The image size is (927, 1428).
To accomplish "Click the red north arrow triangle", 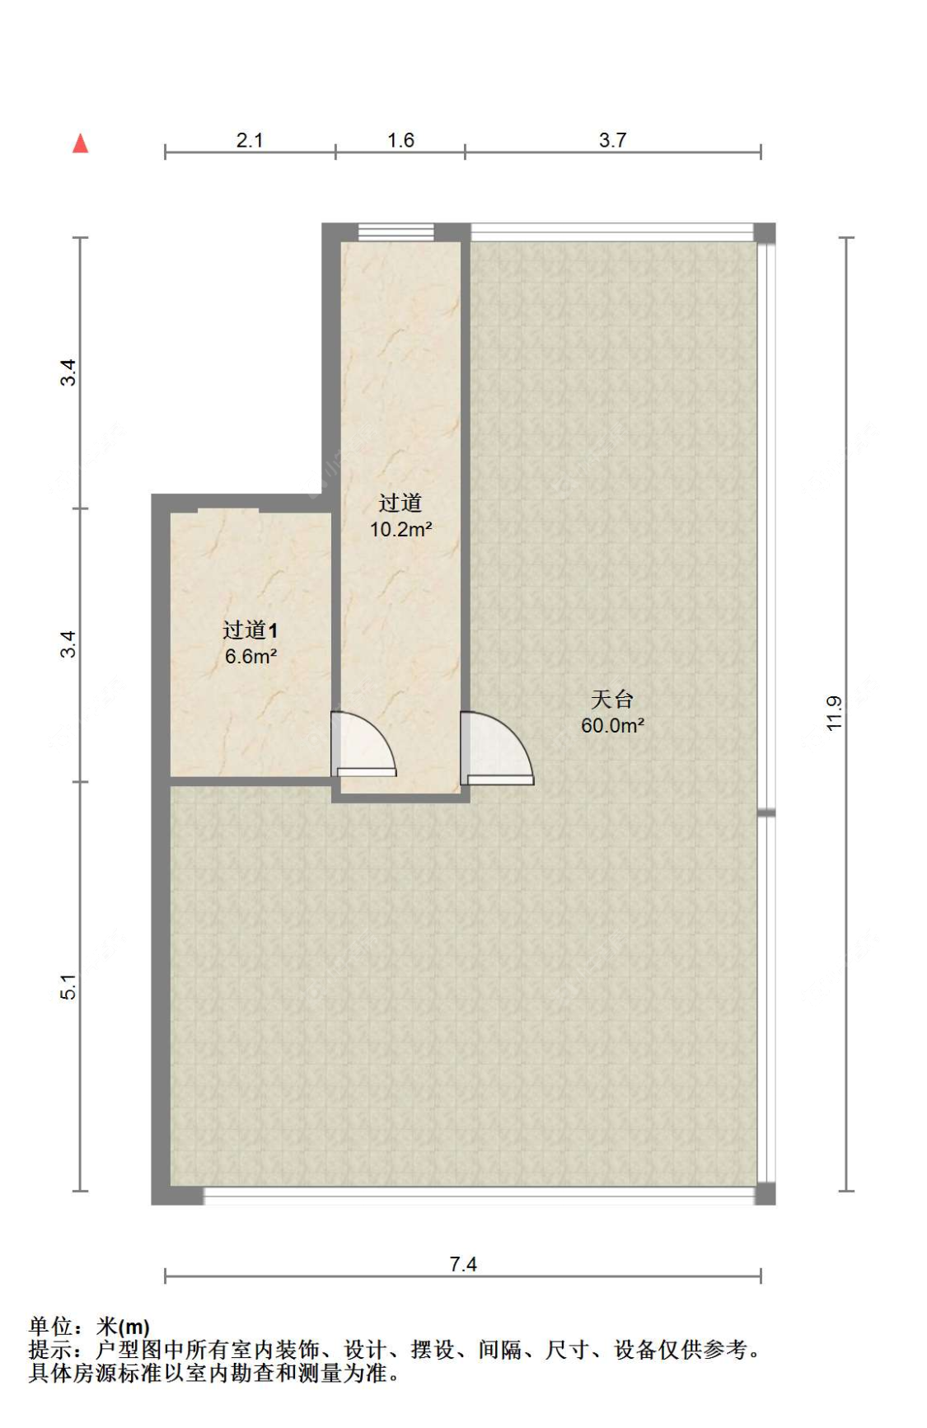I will coord(80,143).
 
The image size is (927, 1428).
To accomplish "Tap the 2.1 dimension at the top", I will coord(249,140).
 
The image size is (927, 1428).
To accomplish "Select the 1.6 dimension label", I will coord(400,140).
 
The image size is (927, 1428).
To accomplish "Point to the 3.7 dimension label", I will coord(612,140).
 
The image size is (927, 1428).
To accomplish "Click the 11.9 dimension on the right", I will coord(833,713).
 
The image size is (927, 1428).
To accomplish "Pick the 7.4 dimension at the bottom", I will coord(462,1263).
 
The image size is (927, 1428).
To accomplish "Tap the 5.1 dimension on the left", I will coord(68,986).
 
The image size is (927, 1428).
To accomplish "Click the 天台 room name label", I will coord(612,700).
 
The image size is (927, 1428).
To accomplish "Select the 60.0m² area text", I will coord(612,726).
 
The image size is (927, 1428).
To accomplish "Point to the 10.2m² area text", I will coord(400,530).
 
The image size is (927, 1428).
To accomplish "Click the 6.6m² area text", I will coord(250,657).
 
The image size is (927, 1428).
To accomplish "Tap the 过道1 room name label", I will coord(250,630).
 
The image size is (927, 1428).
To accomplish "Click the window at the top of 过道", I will coord(396,232).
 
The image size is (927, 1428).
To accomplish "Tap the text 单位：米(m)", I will coord(89,1327).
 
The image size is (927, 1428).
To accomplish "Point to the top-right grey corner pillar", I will coord(765,233).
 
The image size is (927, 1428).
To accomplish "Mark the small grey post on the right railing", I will coord(766,813).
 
